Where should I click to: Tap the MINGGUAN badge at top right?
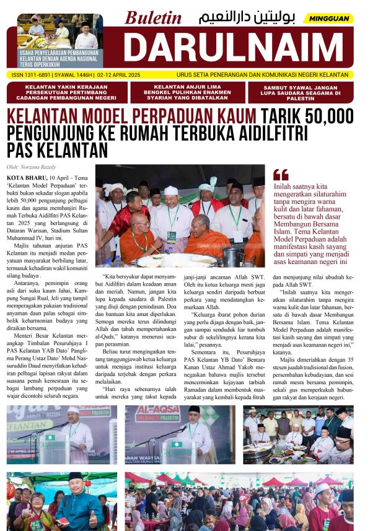coord(333,19)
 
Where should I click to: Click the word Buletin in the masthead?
coord(153,18)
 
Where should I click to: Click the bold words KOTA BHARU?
coord(25,177)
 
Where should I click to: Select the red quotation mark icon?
coord(280,175)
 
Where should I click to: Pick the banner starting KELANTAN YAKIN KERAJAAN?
coord(66,92)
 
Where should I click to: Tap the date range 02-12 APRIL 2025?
coord(130,74)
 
